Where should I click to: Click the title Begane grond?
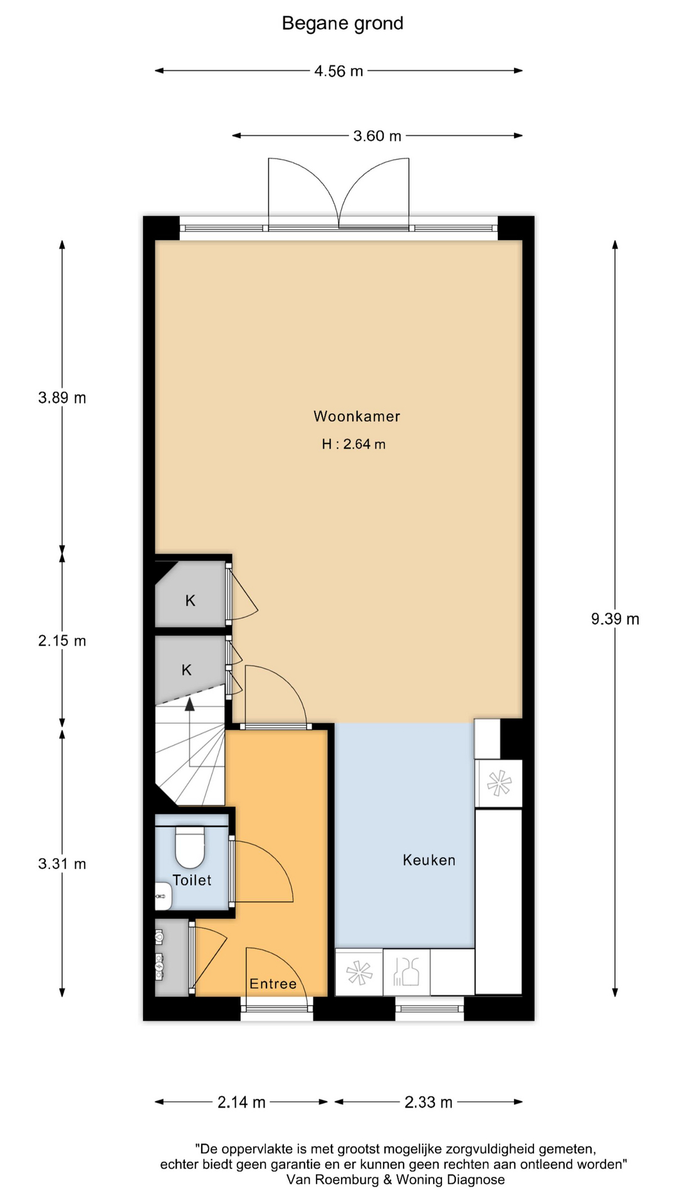[x=342, y=24]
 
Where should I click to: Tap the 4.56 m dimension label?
[x=338, y=71]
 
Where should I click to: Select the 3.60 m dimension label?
[x=377, y=136]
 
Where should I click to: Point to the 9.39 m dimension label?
[x=615, y=619]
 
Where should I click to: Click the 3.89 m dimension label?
[x=62, y=398]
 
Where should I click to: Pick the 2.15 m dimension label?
[x=62, y=641]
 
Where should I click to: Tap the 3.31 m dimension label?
[x=62, y=864]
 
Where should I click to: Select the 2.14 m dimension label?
[x=241, y=1102]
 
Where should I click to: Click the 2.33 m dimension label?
[x=428, y=1102]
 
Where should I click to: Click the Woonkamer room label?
[x=357, y=416]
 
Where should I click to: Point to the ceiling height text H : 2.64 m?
[x=354, y=444]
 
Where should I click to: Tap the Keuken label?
[x=429, y=860]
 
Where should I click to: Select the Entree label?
[x=273, y=984]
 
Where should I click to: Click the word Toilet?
[x=192, y=880]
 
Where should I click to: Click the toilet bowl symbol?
[x=189, y=847]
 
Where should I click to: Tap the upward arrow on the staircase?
[x=189, y=704]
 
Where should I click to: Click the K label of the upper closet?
[x=191, y=601]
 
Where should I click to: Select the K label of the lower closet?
[x=186, y=670]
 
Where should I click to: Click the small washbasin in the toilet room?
[x=163, y=896]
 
